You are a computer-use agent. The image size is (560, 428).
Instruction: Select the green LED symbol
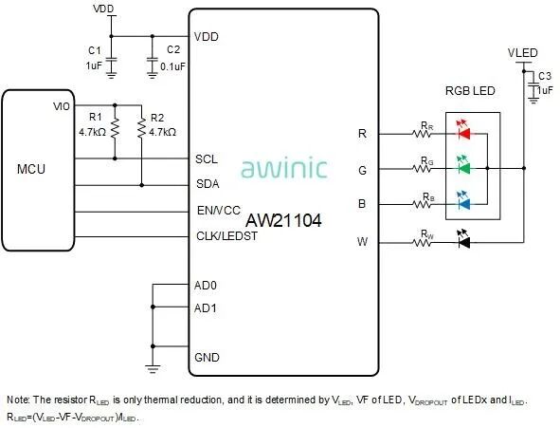click(464, 165)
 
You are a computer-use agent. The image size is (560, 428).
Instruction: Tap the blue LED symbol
click(464, 200)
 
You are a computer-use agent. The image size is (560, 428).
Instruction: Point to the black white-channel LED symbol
click(464, 239)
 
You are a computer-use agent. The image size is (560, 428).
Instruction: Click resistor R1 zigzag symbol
click(115, 128)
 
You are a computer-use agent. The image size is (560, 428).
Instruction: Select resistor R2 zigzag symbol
click(142, 128)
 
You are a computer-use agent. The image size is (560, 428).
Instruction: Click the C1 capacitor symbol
click(112, 65)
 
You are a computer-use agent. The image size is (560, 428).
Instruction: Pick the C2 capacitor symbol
click(153, 65)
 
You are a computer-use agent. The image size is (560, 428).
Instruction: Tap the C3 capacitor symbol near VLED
click(533, 89)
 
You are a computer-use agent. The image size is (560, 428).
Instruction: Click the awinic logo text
click(284, 168)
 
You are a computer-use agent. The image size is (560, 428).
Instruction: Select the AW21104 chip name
click(283, 220)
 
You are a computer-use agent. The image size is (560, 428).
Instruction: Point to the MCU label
click(31, 169)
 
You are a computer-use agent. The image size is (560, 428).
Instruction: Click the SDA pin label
click(208, 184)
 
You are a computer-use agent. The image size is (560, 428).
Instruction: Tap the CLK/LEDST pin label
click(226, 236)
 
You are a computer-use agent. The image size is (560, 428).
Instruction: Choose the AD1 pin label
click(206, 308)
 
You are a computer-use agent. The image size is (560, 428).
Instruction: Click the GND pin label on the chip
click(207, 357)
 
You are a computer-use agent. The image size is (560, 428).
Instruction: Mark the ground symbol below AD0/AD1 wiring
click(153, 368)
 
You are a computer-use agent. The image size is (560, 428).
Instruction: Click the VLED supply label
click(522, 53)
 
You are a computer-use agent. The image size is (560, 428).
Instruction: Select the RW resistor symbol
click(422, 243)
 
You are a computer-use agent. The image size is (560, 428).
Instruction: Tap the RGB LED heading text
click(470, 91)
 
